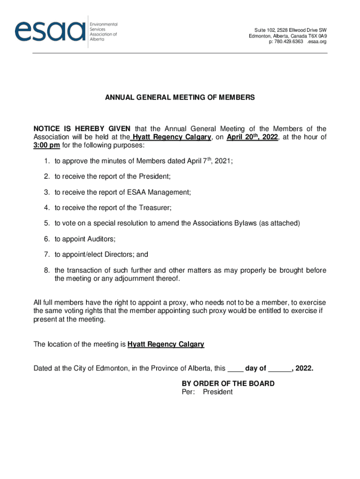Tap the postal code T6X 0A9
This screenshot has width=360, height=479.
[317, 36]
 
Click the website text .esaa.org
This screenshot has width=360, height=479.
[317, 42]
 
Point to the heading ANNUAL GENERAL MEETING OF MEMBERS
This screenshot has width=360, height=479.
[180, 98]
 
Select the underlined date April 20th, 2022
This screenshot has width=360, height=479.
[252, 137]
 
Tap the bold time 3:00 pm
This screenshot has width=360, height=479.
[46, 145]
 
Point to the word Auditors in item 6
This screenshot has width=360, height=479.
[101, 239]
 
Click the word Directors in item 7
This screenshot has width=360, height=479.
[118, 255]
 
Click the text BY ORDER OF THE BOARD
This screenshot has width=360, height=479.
[228, 384]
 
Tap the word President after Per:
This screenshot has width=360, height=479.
[217, 392]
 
